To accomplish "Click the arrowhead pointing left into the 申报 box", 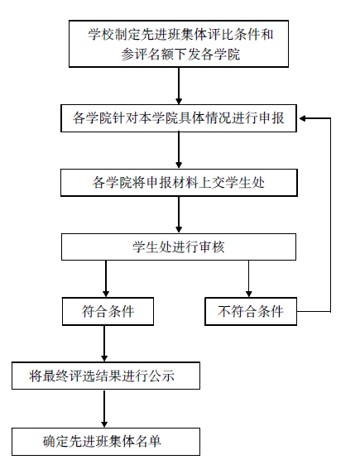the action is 303,118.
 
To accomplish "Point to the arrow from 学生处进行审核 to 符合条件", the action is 106,279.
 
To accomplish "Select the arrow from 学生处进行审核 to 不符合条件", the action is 248,279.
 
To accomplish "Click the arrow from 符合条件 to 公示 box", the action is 104,343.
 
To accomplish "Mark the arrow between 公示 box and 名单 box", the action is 104,409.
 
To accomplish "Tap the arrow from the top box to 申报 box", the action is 179,86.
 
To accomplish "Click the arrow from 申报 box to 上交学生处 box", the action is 179,151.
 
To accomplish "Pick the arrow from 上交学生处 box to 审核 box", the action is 179,214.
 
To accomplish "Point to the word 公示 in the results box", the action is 161,376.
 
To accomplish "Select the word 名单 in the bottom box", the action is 148,442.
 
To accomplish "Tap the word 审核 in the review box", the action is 212,247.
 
